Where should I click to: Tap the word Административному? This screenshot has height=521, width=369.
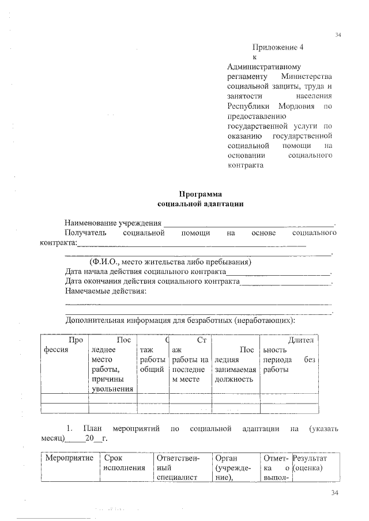click(263, 67)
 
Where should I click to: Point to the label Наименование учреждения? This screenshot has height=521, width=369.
click(112, 223)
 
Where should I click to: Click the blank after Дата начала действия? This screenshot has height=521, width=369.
click(278, 272)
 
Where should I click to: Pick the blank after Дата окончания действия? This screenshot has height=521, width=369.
click(285, 282)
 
